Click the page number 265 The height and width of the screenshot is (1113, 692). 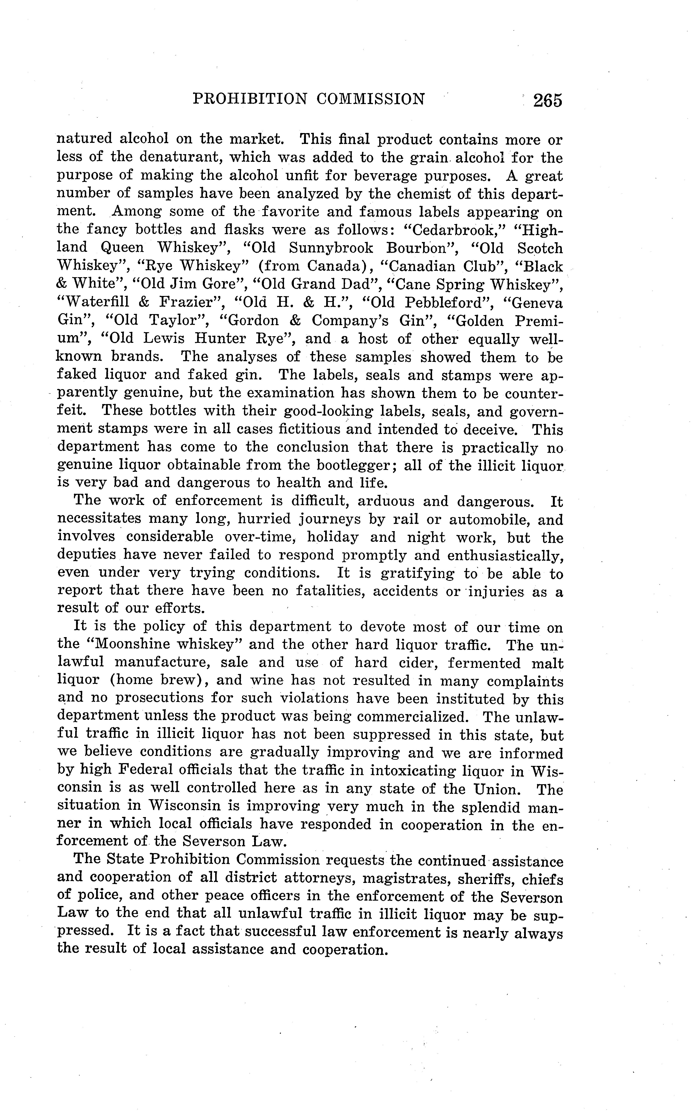pyautogui.click(x=547, y=100)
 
